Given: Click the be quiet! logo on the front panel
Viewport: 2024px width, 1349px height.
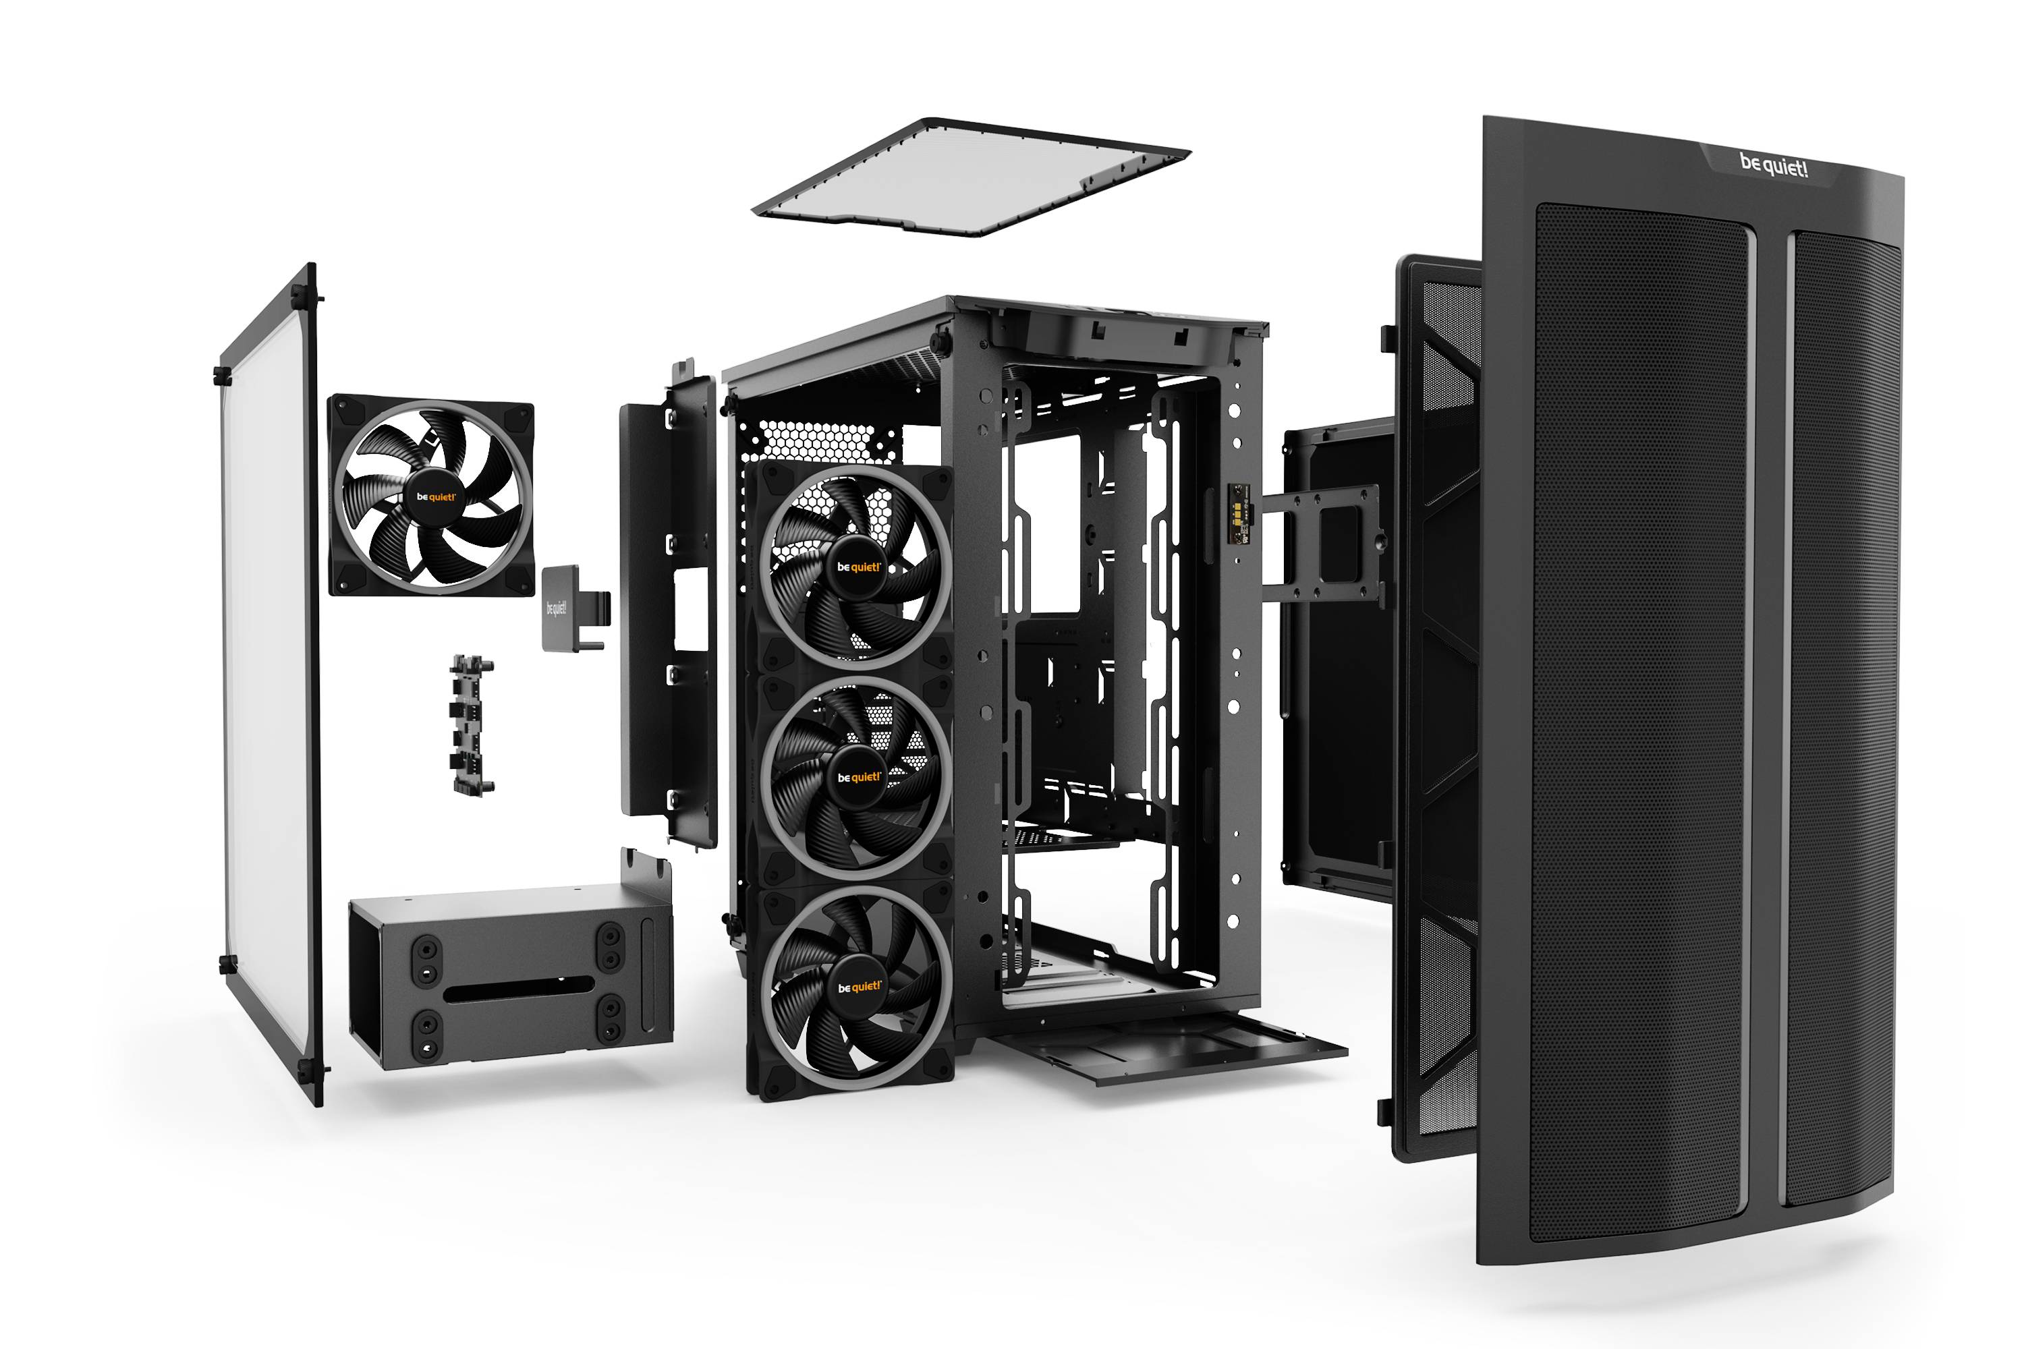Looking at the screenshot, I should (x=1774, y=165).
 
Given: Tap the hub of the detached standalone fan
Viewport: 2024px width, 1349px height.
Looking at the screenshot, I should (x=435, y=497).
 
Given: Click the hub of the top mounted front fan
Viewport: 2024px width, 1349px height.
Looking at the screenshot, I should (x=858, y=568).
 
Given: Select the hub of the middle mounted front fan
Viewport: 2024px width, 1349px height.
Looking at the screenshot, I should (x=858, y=778).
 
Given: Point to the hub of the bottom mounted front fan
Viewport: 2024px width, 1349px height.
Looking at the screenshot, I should (x=859, y=987).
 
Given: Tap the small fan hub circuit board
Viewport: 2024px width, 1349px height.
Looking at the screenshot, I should (x=472, y=725).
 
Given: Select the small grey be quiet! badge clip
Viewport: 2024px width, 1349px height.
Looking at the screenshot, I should (x=561, y=608).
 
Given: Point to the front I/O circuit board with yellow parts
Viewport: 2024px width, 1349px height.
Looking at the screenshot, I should (x=1237, y=513).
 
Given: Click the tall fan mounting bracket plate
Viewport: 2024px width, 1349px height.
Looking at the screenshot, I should (x=667, y=611).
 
